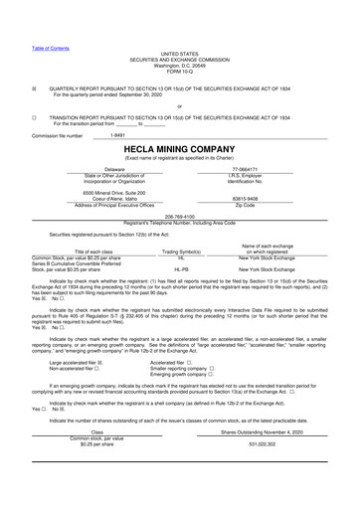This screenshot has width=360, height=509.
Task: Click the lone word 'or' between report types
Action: (x=179, y=105)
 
